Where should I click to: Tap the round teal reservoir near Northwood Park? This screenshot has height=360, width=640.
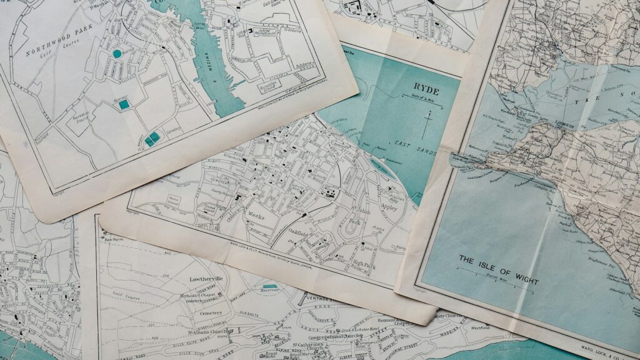pos(117,54)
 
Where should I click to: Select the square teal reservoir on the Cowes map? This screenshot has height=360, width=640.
pos(124,104)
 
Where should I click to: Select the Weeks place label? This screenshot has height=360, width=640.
pos(256,216)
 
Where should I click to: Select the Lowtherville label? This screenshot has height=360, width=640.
pos(211,279)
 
